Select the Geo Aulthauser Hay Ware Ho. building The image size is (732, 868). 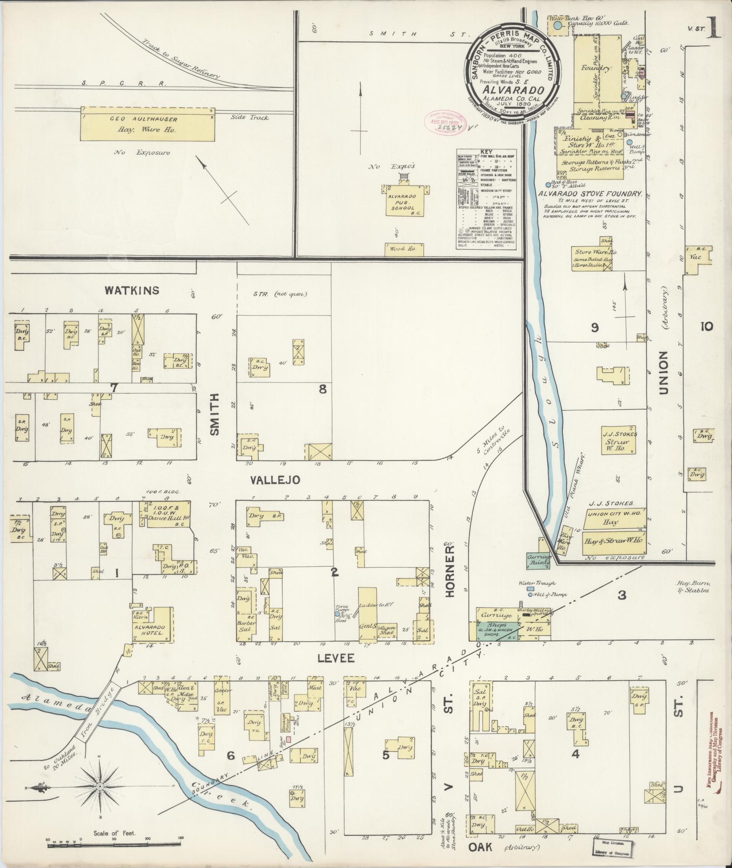pyautogui.click(x=147, y=124)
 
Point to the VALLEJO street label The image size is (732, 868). pyautogui.click(x=275, y=480)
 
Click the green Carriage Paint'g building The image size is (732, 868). pyautogui.click(x=538, y=560)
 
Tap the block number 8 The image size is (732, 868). pyautogui.click(x=323, y=389)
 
